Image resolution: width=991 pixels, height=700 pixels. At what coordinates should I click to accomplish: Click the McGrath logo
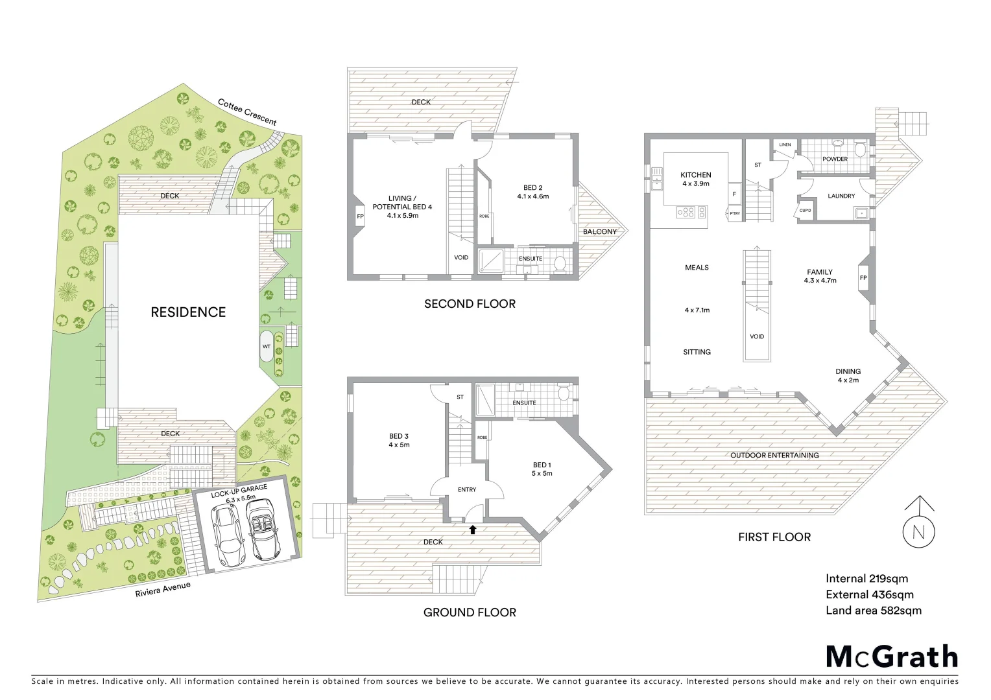click(892, 657)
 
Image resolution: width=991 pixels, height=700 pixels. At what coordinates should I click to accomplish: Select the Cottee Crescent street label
click(247, 111)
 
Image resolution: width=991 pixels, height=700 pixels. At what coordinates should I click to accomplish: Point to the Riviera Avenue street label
click(163, 590)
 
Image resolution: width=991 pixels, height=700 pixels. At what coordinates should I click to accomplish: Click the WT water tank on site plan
click(267, 347)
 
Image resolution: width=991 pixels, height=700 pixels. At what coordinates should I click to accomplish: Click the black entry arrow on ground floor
click(473, 530)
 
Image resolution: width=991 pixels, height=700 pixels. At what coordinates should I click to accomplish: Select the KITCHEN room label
click(696, 175)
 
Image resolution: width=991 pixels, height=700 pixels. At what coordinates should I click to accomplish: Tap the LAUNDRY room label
click(841, 196)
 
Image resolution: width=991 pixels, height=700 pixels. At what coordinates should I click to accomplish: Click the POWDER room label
click(835, 159)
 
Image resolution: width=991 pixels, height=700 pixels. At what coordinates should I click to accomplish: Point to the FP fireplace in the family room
click(863, 278)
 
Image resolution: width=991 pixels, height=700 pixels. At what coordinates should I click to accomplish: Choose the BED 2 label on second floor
click(533, 188)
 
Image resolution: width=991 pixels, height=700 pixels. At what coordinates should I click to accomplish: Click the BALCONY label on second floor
click(600, 231)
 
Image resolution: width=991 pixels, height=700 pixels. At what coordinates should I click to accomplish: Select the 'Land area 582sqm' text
click(873, 611)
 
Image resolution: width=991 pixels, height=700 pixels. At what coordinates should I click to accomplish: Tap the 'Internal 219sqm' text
click(866, 579)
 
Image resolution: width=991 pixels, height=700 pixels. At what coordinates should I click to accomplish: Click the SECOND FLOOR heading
click(470, 304)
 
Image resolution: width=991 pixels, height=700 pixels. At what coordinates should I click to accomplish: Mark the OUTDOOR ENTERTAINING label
click(774, 456)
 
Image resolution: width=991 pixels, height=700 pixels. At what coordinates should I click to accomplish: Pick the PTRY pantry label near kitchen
click(735, 213)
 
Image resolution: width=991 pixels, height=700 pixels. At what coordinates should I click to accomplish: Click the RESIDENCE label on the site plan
click(188, 312)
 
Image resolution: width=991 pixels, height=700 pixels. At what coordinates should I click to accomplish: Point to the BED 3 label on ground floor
click(399, 436)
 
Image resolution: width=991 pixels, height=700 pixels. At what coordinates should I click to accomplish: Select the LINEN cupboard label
click(785, 145)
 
